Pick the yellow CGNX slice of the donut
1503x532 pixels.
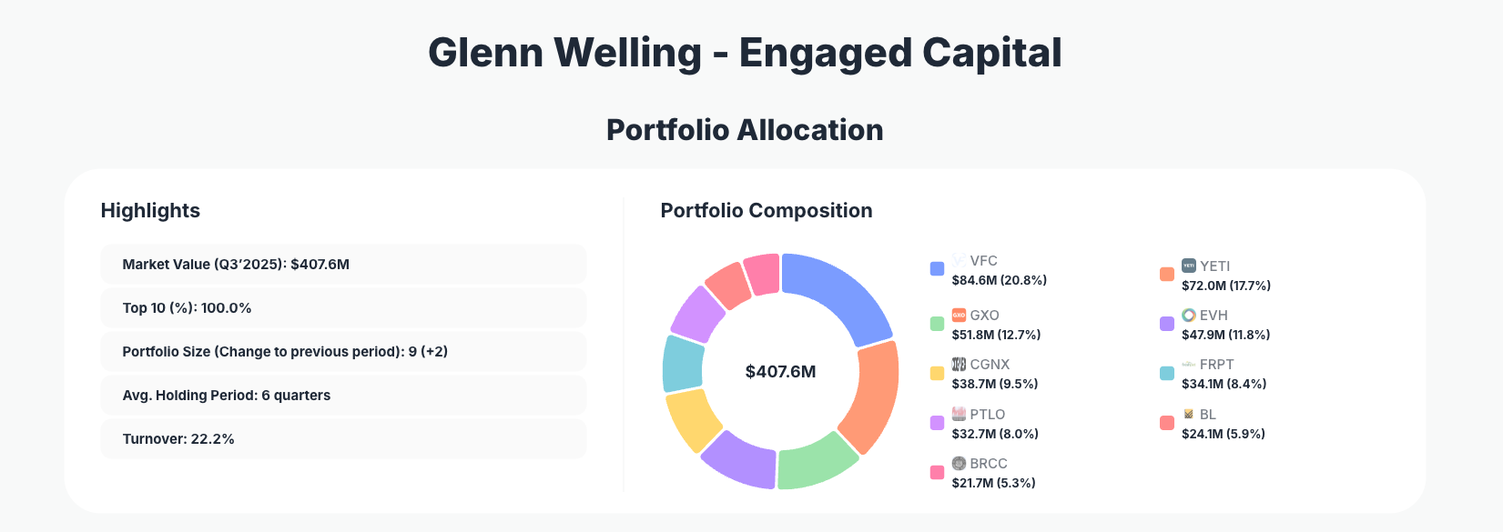[693, 418]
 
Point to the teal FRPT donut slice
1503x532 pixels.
[682, 363]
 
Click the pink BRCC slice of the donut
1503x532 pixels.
[762, 273]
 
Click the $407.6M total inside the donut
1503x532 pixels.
[780, 371]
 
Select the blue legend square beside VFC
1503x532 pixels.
[937, 268]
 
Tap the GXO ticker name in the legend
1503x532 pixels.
[984, 315]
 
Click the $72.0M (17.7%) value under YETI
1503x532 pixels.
[1225, 286]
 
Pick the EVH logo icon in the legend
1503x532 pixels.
[1188, 315]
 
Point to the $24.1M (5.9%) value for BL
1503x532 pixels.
[1223, 434]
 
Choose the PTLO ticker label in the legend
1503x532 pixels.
[987, 414]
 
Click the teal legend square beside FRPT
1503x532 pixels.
[1166, 373]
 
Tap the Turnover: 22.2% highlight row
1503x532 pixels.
[342, 439]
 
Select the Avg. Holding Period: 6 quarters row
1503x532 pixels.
[342, 396]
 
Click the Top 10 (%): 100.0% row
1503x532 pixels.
[342, 308]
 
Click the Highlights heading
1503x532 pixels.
[150, 210]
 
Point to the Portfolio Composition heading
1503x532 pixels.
[766, 210]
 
